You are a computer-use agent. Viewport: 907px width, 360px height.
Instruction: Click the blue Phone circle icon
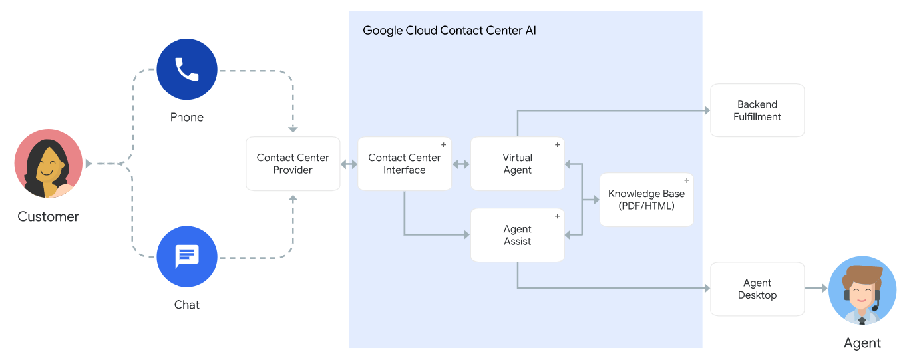click(x=187, y=69)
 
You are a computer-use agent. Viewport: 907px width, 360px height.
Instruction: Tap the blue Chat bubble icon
click(x=187, y=256)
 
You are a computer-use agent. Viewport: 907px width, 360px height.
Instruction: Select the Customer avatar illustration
click(x=48, y=163)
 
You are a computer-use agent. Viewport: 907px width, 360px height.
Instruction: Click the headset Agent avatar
click(x=862, y=290)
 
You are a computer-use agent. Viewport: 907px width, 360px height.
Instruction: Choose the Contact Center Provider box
click(x=293, y=164)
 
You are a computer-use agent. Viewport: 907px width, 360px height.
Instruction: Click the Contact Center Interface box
click(x=405, y=164)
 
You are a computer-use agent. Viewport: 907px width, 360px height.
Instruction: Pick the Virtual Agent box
click(x=518, y=164)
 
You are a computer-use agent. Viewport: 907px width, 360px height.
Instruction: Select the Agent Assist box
click(x=518, y=235)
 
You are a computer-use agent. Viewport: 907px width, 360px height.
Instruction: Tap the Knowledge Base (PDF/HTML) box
click(x=646, y=200)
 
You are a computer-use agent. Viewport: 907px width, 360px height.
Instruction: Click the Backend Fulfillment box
click(x=757, y=110)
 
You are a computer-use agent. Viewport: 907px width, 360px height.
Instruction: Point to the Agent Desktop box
click(x=757, y=289)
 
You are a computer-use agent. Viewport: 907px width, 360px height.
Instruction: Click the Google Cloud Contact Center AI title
click(x=449, y=31)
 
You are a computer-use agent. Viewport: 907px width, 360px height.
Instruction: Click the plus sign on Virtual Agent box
click(x=557, y=144)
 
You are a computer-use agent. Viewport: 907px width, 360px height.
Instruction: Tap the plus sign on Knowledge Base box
click(x=687, y=180)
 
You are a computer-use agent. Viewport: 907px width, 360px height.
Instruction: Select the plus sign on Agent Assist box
click(x=557, y=216)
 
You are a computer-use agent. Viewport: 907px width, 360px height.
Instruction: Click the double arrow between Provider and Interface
click(x=349, y=164)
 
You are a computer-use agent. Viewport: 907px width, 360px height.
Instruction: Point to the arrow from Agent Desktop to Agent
click(x=816, y=288)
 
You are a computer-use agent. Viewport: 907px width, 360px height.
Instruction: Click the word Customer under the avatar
click(x=48, y=216)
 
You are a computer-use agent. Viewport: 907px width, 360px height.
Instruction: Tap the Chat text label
click(x=187, y=305)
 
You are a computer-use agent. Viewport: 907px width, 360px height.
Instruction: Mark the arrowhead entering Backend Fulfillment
click(x=707, y=110)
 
